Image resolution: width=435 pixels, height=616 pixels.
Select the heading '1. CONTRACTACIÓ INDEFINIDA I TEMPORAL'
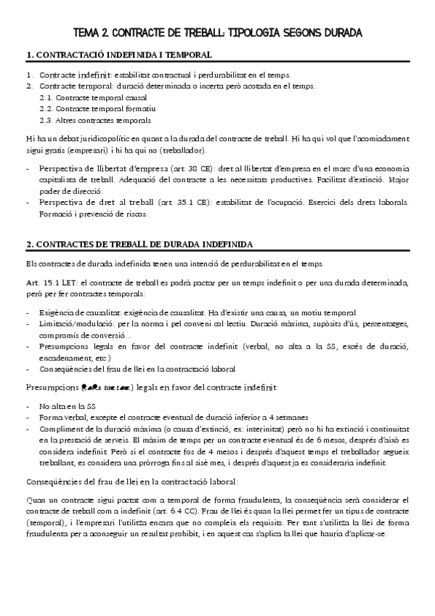tap(118, 55)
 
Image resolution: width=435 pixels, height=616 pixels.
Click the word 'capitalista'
tap(59, 179)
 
